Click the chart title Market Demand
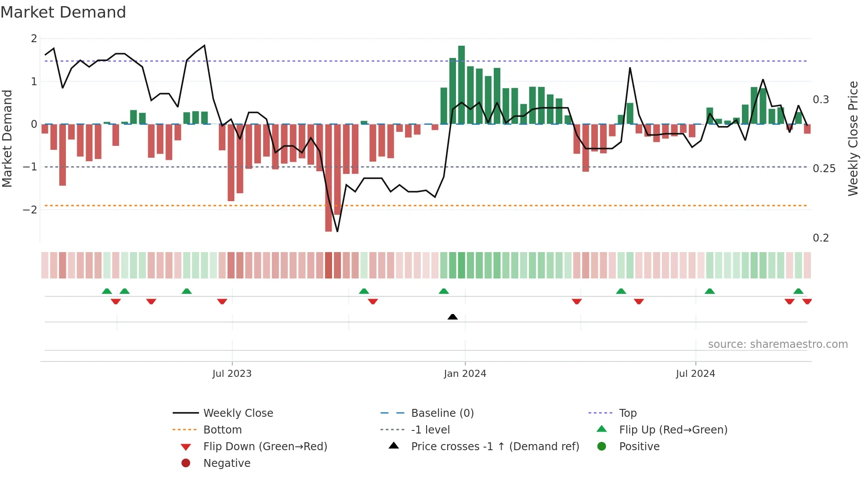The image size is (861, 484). [x=63, y=12]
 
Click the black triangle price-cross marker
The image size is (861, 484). [x=452, y=317]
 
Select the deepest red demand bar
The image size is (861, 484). [x=328, y=177]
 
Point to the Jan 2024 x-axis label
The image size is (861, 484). [x=465, y=374]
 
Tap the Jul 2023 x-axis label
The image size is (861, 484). [x=232, y=374]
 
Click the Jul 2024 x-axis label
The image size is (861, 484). [x=695, y=374]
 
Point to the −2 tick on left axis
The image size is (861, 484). [x=30, y=209]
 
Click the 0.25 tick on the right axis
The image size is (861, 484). [x=824, y=169]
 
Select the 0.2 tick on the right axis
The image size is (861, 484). [x=821, y=238]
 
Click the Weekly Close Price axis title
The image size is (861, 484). [x=853, y=138]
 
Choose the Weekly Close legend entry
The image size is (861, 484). [x=238, y=413]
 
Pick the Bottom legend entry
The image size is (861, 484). [x=222, y=430]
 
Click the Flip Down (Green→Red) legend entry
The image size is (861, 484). [x=265, y=446]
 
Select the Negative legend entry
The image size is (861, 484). [x=227, y=463]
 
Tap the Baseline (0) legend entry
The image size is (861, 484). [x=442, y=413]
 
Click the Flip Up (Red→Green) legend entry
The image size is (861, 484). [x=673, y=430]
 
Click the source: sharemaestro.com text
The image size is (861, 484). [x=778, y=344]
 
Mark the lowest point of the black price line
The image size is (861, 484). [x=337, y=231]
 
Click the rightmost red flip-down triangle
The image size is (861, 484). [x=807, y=301]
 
